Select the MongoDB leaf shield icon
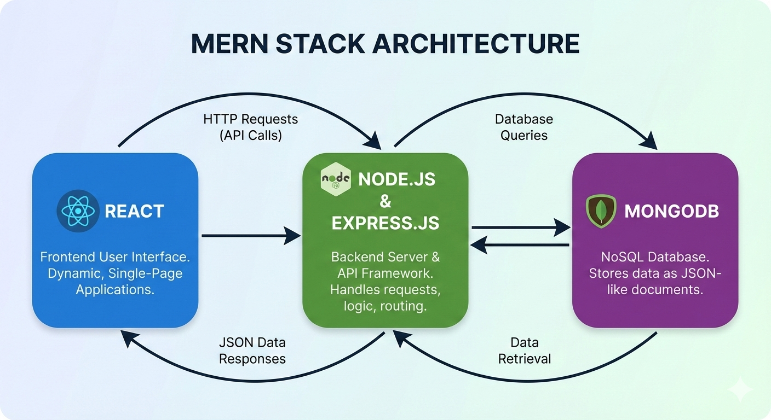pyautogui.click(x=601, y=211)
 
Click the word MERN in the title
pyautogui.click(x=228, y=44)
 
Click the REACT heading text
pyautogui.click(x=134, y=211)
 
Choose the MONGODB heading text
pyautogui.click(x=671, y=211)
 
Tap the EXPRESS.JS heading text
pyautogui.click(x=385, y=223)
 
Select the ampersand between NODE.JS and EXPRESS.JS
pyautogui.click(x=385, y=201)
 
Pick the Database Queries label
pyautogui.click(x=524, y=127)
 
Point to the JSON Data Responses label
pyautogui.click(x=252, y=351)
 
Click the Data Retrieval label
pyautogui.click(x=524, y=351)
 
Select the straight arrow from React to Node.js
pyautogui.click(x=251, y=236)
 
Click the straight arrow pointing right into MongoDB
pyautogui.click(x=520, y=226)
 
